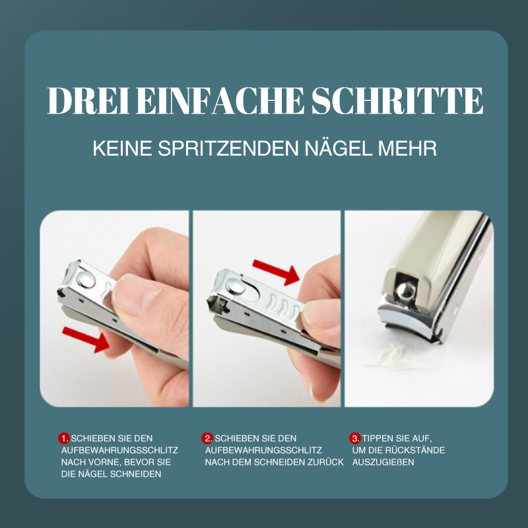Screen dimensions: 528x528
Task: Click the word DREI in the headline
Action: click(88, 101)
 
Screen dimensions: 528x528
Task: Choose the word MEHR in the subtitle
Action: click(407, 148)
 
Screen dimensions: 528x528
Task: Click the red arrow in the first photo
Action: click(86, 339)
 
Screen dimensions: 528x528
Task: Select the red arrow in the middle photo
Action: click(276, 272)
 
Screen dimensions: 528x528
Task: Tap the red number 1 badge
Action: click(63, 438)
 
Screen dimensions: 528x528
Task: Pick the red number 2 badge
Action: click(207, 438)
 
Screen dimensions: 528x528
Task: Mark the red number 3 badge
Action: click(355, 438)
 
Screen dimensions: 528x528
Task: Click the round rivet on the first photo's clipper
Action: click(86, 279)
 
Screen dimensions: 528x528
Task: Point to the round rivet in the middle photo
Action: click(236, 286)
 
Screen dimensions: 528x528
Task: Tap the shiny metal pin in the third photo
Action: click(406, 292)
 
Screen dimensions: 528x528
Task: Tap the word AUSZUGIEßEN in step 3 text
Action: click(383, 462)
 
